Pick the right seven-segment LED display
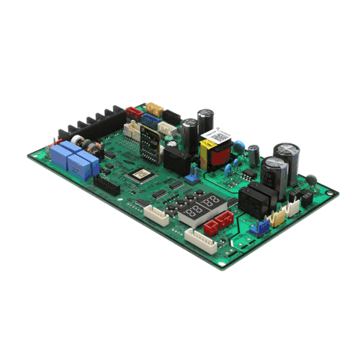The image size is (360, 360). [x=211, y=202]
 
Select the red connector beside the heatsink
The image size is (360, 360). [x=133, y=112]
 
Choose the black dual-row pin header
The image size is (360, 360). [x=107, y=186]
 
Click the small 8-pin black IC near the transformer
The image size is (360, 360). [x=246, y=173]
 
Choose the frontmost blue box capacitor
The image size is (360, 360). [x=79, y=166]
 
